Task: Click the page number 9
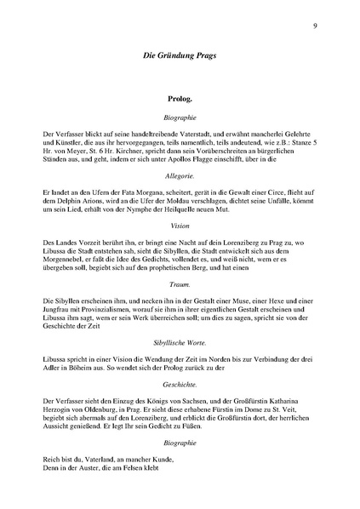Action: click(x=315, y=26)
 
